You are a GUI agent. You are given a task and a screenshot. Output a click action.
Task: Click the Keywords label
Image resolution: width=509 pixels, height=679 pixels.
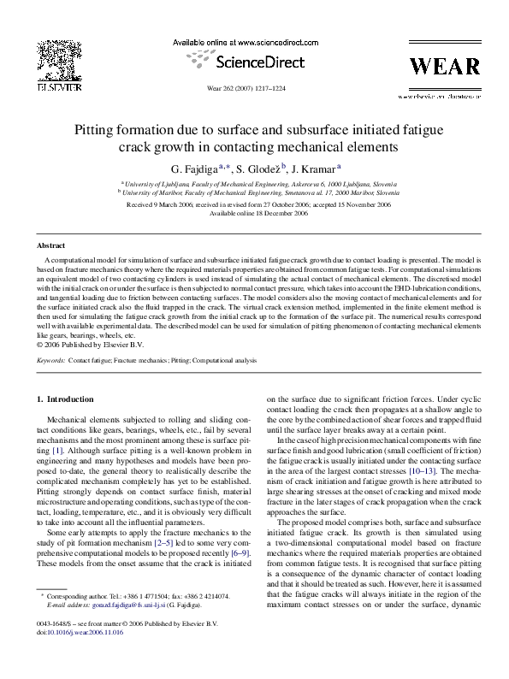[x=50, y=362]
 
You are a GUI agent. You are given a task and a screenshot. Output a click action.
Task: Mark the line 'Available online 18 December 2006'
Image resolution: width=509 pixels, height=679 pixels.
[x=254, y=214]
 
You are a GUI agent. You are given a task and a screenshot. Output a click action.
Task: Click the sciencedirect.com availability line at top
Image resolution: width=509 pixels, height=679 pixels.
[x=254, y=42]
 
